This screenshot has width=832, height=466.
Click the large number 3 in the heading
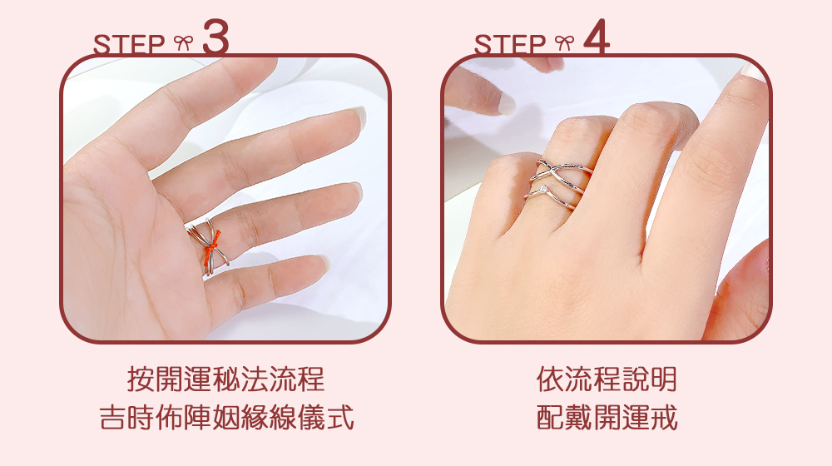(x=215, y=37)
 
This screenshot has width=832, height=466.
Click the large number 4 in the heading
(x=597, y=37)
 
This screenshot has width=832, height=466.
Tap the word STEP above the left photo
(x=129, y=44)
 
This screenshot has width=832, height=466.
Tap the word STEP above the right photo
(x=510, y=44)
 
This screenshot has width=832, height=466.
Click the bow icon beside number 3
(x=183, y=42)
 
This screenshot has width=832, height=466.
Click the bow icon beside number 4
(x=564, y=42)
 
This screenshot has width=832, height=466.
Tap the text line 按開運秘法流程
(x=226, y=379)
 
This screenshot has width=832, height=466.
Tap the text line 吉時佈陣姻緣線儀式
(x=226, y=417)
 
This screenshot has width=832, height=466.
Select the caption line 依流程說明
(x=607, y=379)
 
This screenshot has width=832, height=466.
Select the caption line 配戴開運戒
(x=607, y=417)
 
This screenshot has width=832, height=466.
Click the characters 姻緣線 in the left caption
(x=255, y=417)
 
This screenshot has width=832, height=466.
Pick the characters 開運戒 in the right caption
(x=635, y=417)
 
